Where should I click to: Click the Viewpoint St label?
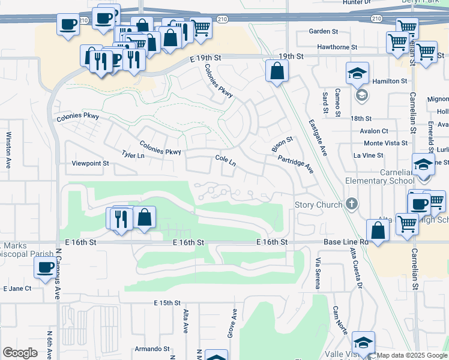point(90,163)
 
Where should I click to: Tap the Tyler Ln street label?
point(133,155)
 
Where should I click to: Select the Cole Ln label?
point(225,160)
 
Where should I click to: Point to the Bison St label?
point(282,144)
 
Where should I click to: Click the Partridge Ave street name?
point(295,164)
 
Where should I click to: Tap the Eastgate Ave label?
point(318,137)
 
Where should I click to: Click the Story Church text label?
point(318,205)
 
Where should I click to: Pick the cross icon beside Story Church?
point(352,205)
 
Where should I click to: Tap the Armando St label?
point(152,349)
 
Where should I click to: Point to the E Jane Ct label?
point(17,289)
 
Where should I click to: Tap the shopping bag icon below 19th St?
point(277,71)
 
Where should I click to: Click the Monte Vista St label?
point(386,143)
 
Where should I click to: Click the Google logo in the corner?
point(20,353)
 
